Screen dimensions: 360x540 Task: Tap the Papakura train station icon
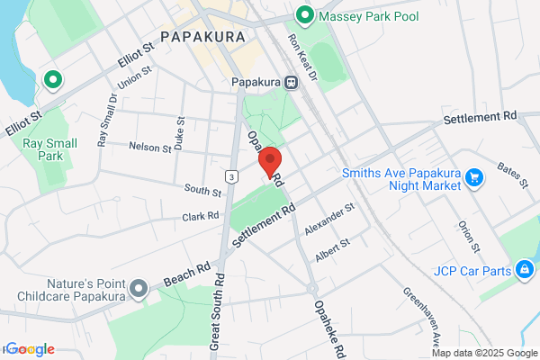coord(292,82)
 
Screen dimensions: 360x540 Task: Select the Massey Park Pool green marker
coord(304,15)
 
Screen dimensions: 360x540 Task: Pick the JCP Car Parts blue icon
coord(523,268)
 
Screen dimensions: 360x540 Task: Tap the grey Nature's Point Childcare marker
coord(138,289)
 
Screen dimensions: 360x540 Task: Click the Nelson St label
coord(149,147)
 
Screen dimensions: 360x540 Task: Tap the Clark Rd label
coord(201,216)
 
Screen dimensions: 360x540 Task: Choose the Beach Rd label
coord(186,275)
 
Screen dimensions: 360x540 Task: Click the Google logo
coord(29,349)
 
